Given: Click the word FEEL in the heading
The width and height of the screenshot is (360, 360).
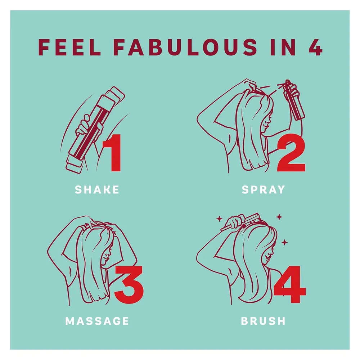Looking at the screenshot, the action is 69,47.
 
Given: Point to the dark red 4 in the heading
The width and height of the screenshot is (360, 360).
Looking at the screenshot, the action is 315,47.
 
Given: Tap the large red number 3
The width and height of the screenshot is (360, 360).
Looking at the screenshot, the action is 129,284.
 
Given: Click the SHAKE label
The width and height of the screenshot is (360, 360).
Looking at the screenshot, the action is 97,190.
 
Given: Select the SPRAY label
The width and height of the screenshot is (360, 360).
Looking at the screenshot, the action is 264,190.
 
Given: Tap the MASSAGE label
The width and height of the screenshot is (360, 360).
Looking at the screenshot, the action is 97,321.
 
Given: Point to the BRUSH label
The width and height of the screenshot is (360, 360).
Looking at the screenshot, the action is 264,321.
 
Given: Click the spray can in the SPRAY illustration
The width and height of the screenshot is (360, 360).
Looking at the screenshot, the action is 294,100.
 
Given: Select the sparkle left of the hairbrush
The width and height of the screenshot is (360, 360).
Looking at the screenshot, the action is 220,219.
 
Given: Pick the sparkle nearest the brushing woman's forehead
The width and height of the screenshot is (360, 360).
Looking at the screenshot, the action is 284,242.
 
